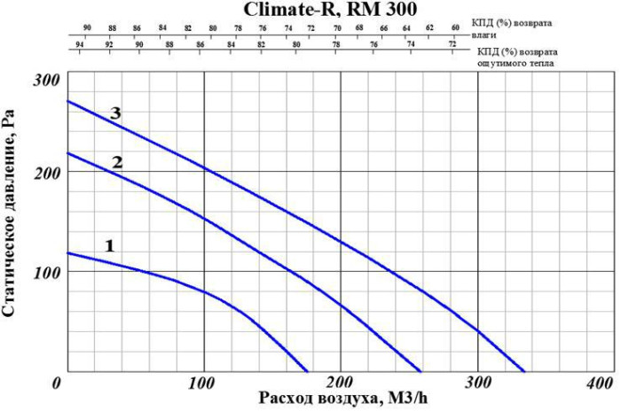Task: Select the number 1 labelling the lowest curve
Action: click(110, 245)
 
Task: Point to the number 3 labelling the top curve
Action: click(115, 113)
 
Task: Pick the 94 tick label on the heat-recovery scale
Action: click(80, 43)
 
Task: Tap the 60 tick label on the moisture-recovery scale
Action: click(455, 27)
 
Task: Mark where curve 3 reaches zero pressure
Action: click(525, 372)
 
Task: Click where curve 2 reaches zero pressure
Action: click(421, 372)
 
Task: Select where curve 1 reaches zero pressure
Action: click(308, 372)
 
